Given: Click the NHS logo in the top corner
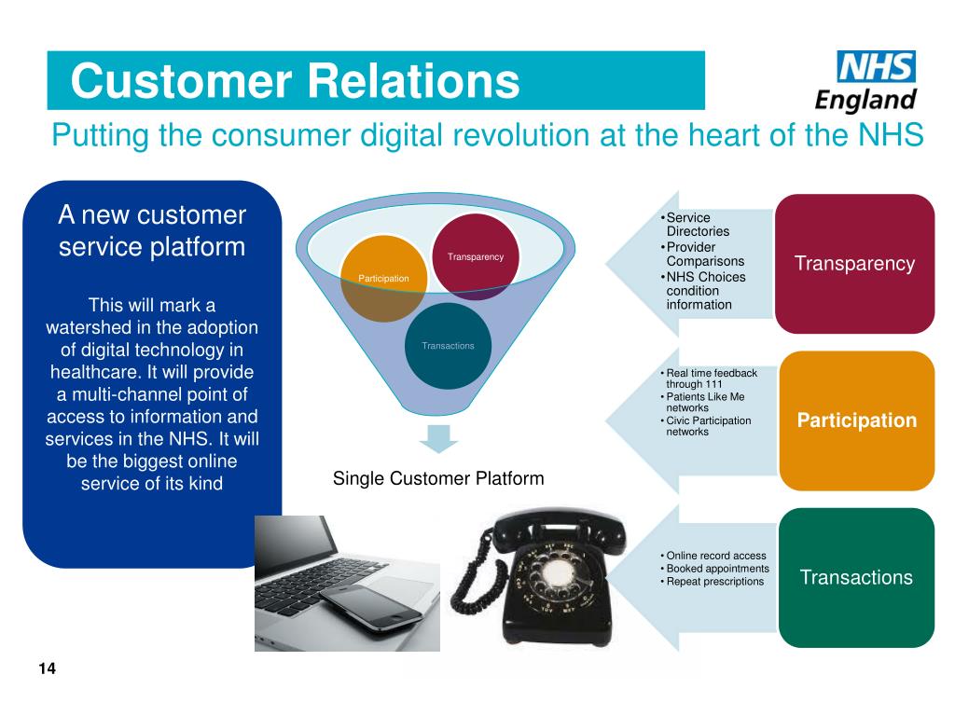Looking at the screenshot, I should pos(876,67).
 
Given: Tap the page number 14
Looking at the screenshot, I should pos(48,668).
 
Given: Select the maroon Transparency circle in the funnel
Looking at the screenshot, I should pos(476,256).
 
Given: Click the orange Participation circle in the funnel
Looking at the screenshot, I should pos(383,278).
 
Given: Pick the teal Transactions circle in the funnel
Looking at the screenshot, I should pos(448,346).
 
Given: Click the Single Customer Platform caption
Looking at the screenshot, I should pos(437,478).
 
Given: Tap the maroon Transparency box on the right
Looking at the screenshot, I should pos(854,264).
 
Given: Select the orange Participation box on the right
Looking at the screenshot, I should pos(856,420).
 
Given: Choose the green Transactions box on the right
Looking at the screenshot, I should pos(856,577).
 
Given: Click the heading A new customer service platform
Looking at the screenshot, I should pos(152,231).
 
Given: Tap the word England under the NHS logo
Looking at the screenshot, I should pos(865,99).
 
